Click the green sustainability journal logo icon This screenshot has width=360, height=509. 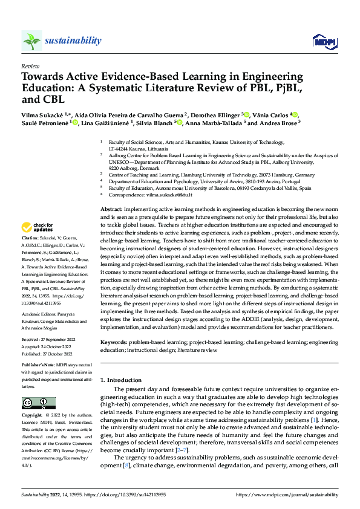[x=31, y=41]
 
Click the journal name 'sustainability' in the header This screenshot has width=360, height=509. [x=73, y=41]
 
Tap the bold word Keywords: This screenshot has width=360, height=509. [x=116, y=342]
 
